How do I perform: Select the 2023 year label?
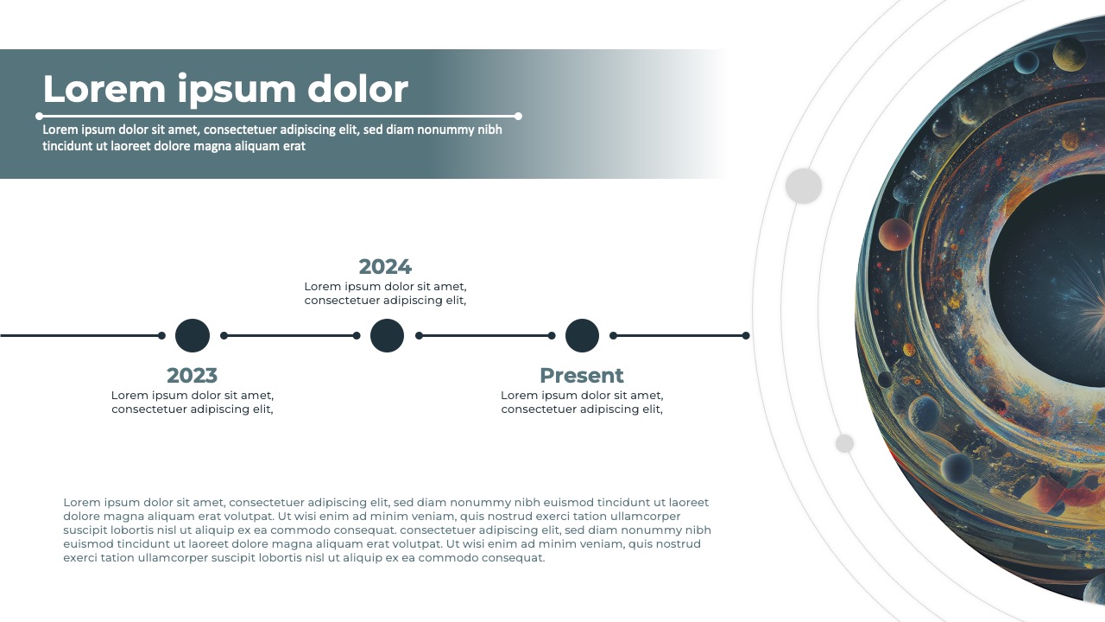[x=192, y=376]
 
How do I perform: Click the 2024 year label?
[x=385, y=267]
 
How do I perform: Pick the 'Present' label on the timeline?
[x=581, y=376]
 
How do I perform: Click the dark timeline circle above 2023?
[x=193, y=335]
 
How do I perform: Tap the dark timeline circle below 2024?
[x=387, y=335]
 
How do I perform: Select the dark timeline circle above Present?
[x=582, y=335]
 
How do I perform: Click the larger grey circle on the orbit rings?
[x=803, y=186]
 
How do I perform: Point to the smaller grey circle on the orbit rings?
[x=844, y=443]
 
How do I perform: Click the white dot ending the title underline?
[x=518, y=116]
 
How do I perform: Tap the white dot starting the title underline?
[x=39, y=116]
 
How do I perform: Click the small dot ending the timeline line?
[x=746, y=335]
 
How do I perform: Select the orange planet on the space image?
[x=895, y=234]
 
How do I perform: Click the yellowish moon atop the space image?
[x=1069, y=54]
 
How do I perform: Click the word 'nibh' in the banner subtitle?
[x=489, y=130]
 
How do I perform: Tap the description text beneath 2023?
[x=193, y=402]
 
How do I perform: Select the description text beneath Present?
[x=582, y=402]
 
